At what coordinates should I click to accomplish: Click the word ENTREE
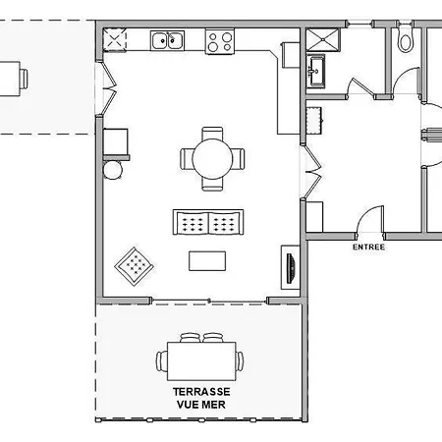point(368,248)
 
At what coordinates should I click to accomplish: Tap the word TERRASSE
point(201,392)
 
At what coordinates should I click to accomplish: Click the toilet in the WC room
point(406,39)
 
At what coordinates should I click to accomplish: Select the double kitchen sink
point(167,40)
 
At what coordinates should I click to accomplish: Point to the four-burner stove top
point(220,41)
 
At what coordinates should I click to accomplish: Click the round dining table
point(212,159)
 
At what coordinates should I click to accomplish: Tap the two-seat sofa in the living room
point(208,222)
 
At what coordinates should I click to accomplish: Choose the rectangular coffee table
point(207,261)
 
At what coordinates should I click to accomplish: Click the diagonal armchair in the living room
point(135,266)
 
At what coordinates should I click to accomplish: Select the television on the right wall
point(291,268)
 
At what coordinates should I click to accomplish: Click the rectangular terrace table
point(201,361)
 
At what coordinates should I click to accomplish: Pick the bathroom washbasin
point(316,71)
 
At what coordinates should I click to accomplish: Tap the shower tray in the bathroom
point(323,39)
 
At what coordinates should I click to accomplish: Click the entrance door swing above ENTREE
point(370,219)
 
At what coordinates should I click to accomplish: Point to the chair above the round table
point(212,134)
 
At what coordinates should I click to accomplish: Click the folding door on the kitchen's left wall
point(110,88)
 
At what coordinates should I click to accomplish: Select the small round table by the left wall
point(113,170)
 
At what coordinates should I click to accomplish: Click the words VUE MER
point(201,405)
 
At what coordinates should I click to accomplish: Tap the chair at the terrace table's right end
point(240,361)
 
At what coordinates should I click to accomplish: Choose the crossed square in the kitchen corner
point(115,40)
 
